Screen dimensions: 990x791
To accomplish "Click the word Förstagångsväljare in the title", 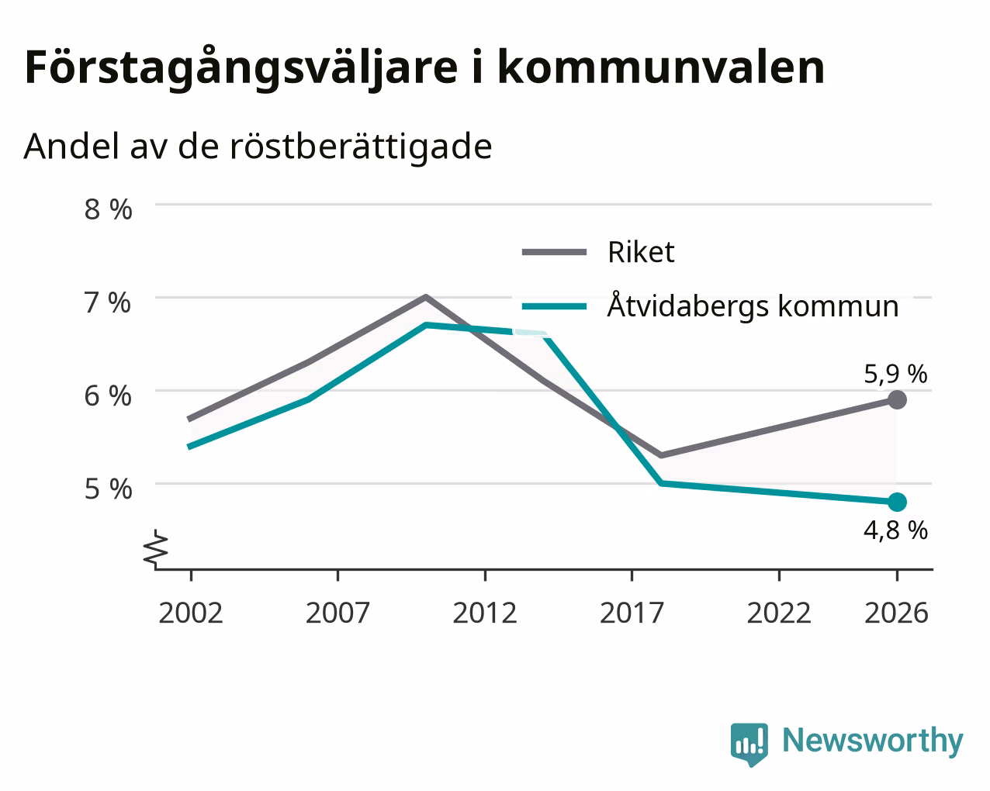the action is pos(241,68).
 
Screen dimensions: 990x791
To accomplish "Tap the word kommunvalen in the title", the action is pos(661,67).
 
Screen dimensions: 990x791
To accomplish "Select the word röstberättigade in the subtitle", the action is pos(361,147).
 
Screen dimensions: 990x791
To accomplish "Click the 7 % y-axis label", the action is pos(108,302).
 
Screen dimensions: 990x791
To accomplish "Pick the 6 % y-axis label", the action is pos(108,396).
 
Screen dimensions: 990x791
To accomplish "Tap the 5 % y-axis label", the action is pos(108,489).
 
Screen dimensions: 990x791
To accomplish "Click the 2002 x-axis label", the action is pos(190,613).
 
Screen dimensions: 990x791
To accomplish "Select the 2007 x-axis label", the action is pos(337,613).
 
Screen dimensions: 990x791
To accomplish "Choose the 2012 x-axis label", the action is pos(485,613).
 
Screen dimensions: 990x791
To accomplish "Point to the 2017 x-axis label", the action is pos(632,613).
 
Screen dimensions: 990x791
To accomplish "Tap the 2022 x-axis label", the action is pos(779,613).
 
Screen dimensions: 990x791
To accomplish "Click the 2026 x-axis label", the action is pos(897,613).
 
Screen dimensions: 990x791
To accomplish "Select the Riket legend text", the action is pos(641,252).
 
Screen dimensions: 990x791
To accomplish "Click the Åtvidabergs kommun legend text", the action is pos(753,306).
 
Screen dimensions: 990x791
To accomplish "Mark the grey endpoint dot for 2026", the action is pos(897,399).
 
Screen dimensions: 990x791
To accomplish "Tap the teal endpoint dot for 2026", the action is pos(897,502).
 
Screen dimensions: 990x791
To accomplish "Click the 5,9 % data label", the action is pos(895,374).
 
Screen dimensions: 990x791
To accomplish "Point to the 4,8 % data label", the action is pos(895,530).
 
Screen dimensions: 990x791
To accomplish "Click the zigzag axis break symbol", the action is pos(155,547).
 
